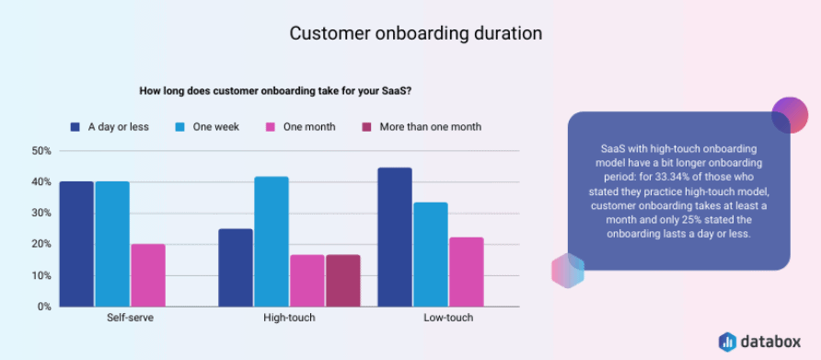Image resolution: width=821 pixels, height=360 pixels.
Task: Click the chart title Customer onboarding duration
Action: coord(415,33)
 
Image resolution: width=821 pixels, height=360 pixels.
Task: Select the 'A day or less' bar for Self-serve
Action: coord(76,244)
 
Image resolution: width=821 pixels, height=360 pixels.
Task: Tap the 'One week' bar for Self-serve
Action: coord(112,244)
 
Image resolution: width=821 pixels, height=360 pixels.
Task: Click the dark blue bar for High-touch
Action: coord(236,267)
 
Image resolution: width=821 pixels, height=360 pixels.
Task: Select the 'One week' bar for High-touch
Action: coord(272,241)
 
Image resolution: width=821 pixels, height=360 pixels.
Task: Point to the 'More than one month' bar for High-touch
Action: coord(343,281)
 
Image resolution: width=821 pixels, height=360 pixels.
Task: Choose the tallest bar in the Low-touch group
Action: coord(395,237)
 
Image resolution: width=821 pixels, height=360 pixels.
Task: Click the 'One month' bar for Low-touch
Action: coord(466,272)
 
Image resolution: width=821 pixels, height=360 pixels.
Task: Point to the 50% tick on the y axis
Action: coord(40,151)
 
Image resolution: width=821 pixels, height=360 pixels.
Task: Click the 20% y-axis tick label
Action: coord(40,244)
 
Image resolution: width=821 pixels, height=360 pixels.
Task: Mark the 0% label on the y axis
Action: coord(43,307)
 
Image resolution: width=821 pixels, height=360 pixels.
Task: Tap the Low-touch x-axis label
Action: coord(448,318)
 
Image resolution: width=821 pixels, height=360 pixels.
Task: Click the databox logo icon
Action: coord(727,341)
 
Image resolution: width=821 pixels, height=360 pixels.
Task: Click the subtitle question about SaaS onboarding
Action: coord(274,90)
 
